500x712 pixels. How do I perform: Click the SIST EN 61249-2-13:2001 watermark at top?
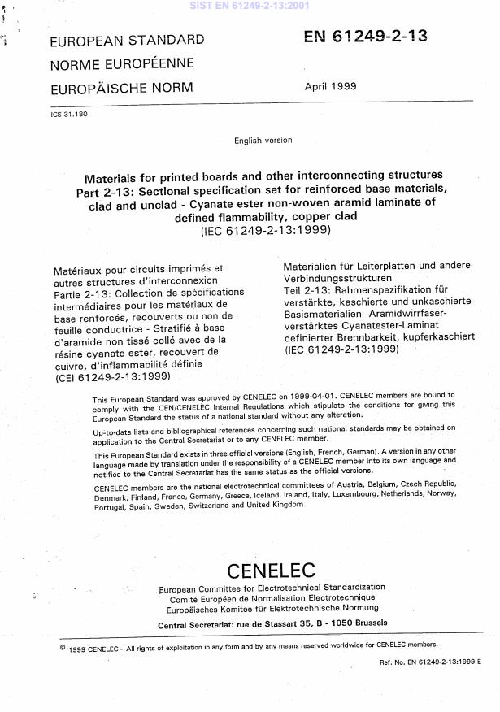pos(250,5)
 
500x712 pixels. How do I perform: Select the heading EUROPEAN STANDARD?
pos(128,39)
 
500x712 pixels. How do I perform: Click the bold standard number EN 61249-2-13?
pos(365,37)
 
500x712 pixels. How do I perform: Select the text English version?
pos(263,141)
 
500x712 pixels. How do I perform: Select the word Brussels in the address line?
pos(367,623)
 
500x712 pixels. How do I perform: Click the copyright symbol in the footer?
pos(63,648)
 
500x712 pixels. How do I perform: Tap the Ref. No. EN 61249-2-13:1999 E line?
pos(430,663)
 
